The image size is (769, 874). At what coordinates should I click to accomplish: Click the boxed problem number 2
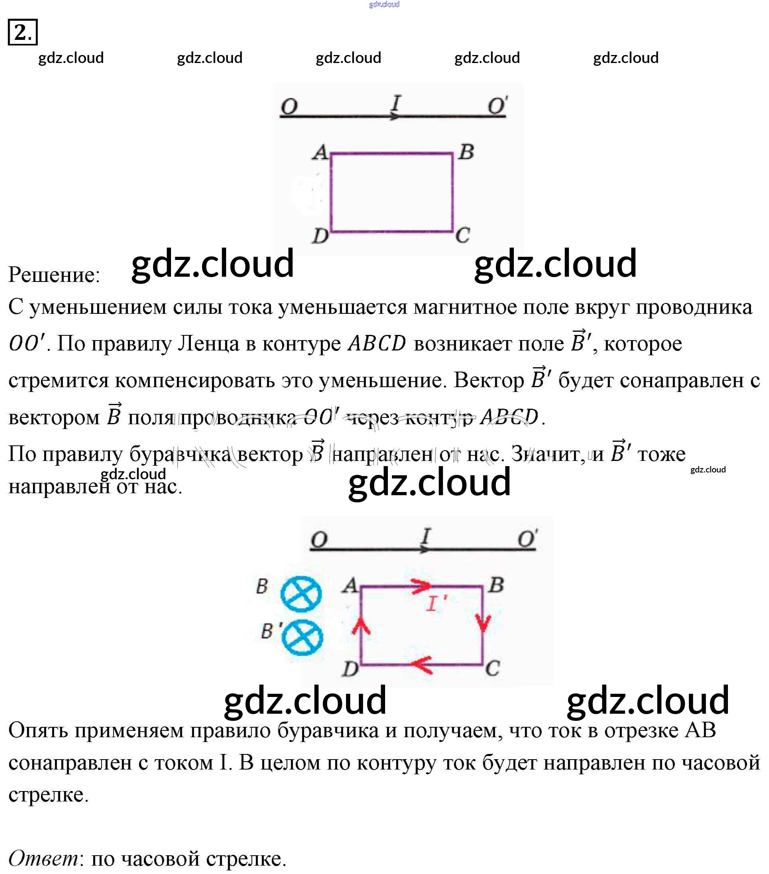point(22,32)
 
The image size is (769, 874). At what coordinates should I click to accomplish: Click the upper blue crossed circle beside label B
point(301,594)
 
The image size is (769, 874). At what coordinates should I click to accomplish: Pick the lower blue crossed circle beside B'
point(302,637)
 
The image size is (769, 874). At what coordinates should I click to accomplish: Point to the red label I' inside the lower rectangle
point(436,604)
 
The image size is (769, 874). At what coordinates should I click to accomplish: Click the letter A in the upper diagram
point(320,152)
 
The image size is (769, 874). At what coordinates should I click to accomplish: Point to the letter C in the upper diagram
point(462,235)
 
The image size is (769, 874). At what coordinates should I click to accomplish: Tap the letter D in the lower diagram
point(350,668)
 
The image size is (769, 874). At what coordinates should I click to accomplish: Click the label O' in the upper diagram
point(498,105)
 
